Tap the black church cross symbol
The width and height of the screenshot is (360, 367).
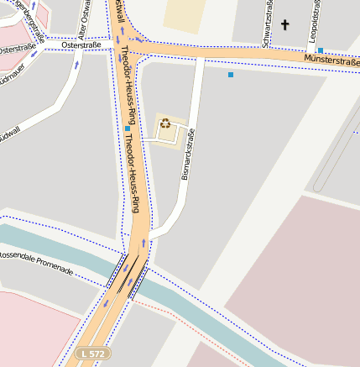[x=284, y=25]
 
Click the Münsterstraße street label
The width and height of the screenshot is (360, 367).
[x=331, y=60]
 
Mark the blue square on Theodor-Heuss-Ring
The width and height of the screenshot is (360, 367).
[x=128, y=128]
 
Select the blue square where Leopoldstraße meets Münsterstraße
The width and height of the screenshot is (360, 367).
[x=321, y=50]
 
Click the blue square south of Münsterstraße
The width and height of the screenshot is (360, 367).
[x=231, y=75]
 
